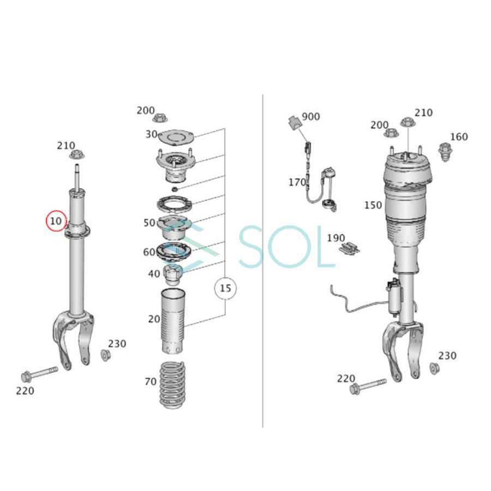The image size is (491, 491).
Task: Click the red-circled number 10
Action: click(x=55, y=221)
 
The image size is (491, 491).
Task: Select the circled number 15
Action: click(x=225, y=289)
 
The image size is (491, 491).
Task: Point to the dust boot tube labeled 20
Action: click(x=172, y=322)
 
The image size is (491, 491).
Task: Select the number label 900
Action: click(x=311, y=117)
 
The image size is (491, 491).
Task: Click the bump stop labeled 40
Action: click(x=173, y=274)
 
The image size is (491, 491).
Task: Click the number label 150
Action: click(x=373, y=205)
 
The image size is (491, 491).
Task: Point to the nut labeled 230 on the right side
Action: click(x=435, y=368)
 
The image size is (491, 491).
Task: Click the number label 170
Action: click(x=297, y=182)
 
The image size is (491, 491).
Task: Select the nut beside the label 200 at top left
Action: click(x=162, y=117)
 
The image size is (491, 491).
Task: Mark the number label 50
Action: click(x=149, y=223)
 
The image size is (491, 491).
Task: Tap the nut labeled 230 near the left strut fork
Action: click(x=105, y=355)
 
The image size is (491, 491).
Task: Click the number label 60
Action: click(x=149, y=252)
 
